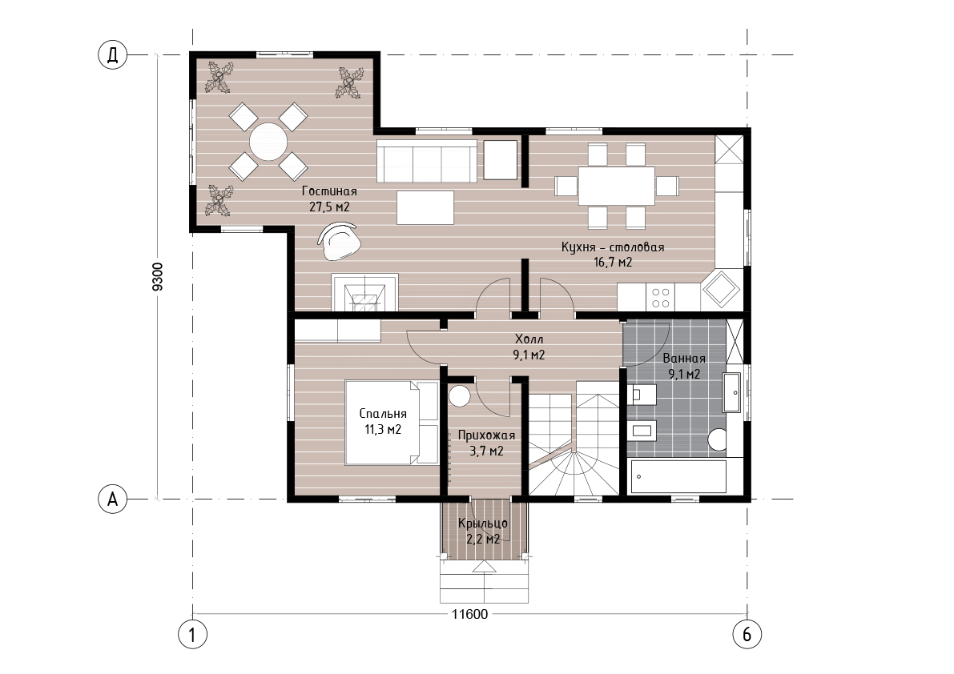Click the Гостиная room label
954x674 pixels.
click(x=329, y=191)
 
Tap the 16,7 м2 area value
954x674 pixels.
click(x=613, y=263)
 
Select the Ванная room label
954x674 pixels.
click(x=684, y=359)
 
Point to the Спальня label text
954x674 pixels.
click(x=383, y=414)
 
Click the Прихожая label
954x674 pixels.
click(x=486, y=435)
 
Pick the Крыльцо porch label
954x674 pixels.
click(x=483, y=524)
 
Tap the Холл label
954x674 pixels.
click(x=529, y=339)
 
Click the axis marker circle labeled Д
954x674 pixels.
click(x=113, y=55)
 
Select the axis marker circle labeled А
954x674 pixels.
click(x=113, y=499)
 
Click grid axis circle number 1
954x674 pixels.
click(x=193, y=635)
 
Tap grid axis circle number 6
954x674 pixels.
click(x=747, y=635)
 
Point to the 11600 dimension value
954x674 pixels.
click(x=469, y=615)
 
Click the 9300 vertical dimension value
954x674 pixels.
click(x=158, y=276)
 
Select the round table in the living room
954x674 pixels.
click(x=268, y=142)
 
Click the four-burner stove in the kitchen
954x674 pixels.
click(x=661, y=298)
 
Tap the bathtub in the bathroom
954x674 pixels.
click(x=679, y=476)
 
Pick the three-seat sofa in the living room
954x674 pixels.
click(x=426, y=161)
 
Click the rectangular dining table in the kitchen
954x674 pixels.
click(x=616, y=186)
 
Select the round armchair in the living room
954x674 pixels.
click(x=340, y=241)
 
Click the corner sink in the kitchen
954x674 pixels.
click(x=721, y=291)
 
